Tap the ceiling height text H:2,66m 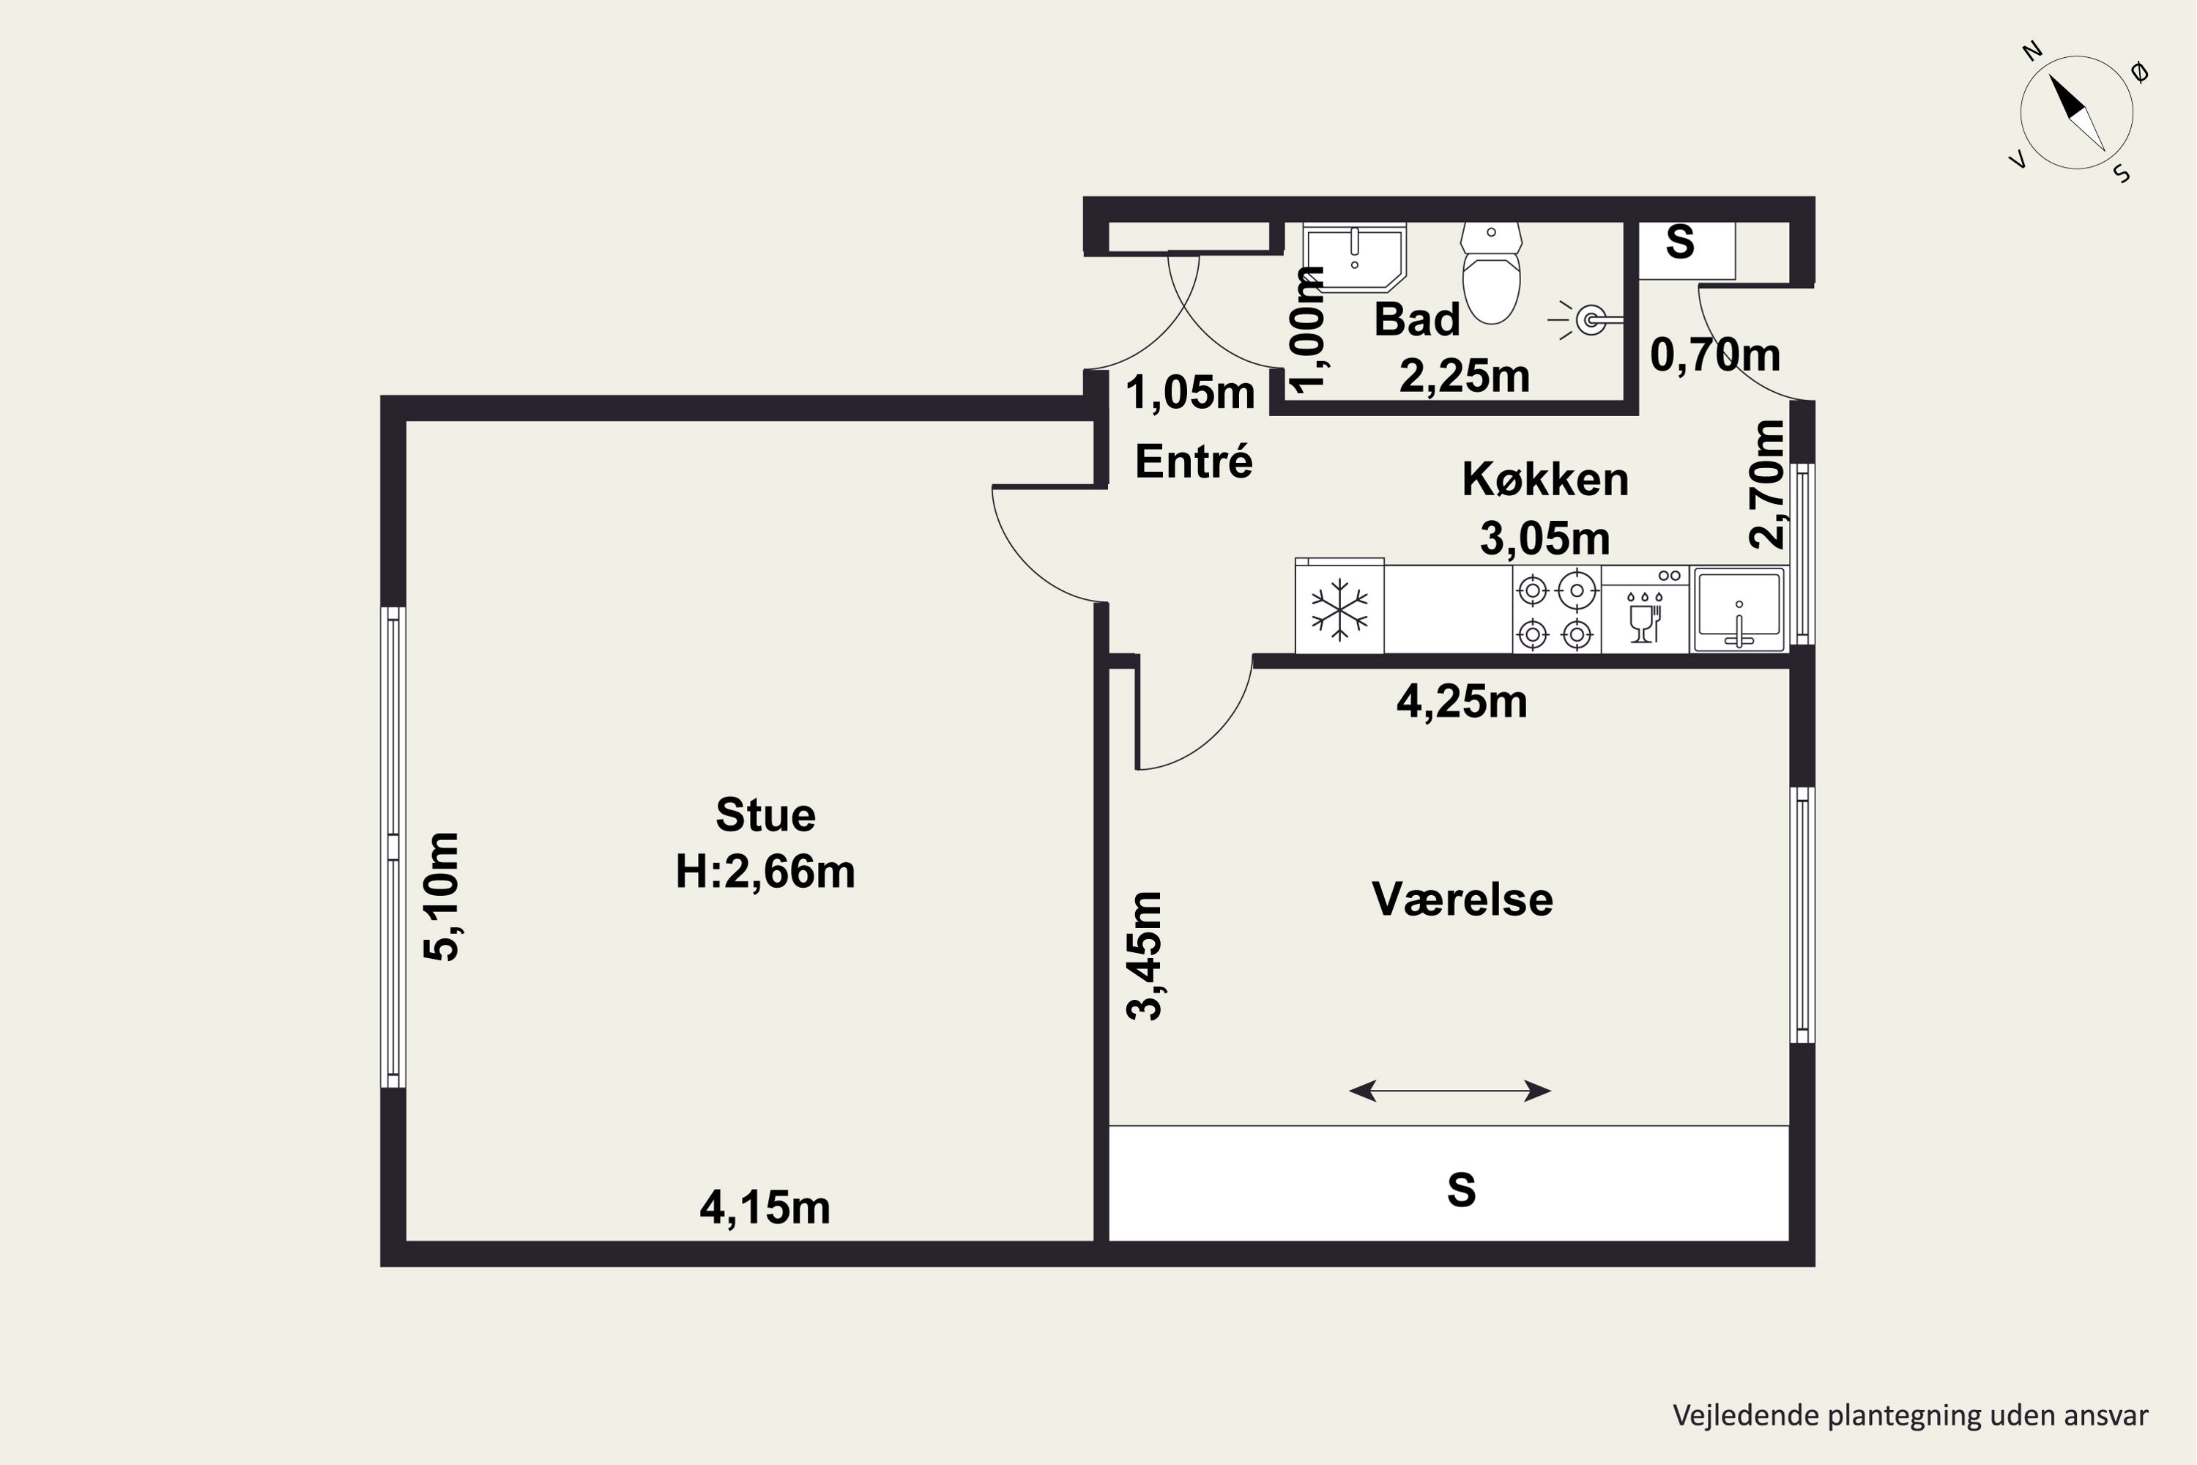coord(765,872)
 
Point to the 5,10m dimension coord(442,897)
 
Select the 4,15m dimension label coord(765,1208)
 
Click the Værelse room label coord(1462,899)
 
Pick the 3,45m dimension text coord(1145,956)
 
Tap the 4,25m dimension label coord(1462,702)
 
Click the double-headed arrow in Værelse coord(1450,1091)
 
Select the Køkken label coord(1545,479)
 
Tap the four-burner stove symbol coord(1556,609)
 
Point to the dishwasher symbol coord(1645,609)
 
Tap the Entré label coord(1194,461)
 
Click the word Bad coord(1417,319)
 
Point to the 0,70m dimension coord(1715,355)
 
